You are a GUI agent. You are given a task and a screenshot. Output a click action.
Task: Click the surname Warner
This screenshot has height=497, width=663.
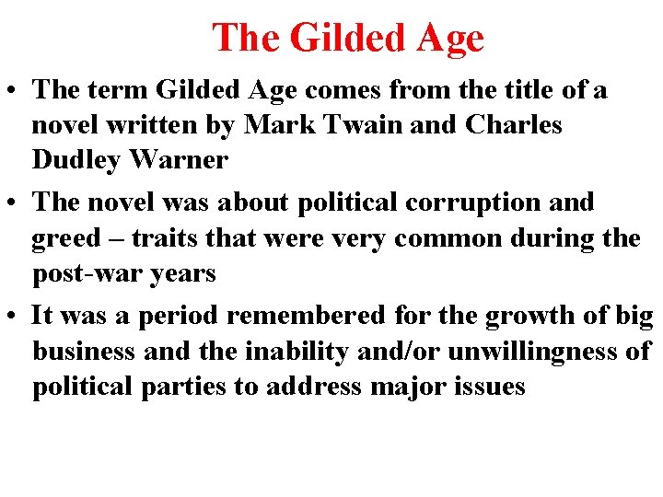coord(180,160)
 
